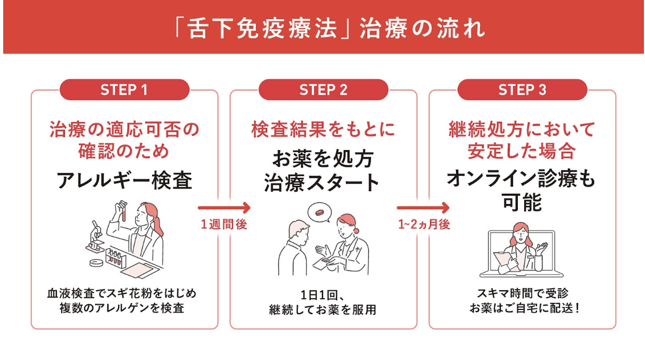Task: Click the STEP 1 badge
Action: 124,90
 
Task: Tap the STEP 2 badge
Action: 323,90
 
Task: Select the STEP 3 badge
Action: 522,90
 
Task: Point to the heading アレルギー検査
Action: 124,181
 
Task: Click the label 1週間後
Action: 224,224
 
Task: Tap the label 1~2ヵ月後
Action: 424,224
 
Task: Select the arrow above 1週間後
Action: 224,207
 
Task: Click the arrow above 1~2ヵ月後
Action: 424,207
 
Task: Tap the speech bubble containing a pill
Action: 319,212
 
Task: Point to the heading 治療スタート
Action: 322,182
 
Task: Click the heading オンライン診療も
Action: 522,179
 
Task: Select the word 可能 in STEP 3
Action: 522,202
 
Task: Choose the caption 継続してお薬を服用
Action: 322,309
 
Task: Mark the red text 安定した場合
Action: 522,151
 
